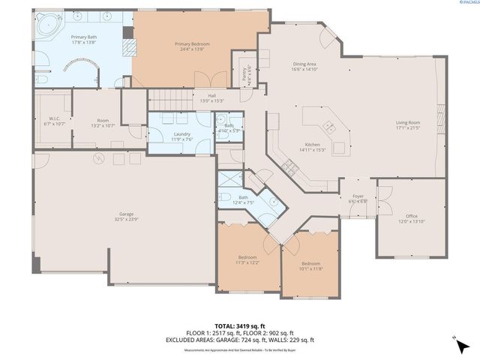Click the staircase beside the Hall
click(x=170, y=96)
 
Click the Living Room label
click(x=409, y=125)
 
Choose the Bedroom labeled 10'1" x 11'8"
click(x=311, y=266)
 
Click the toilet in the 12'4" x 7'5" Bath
click(x=225, y=199)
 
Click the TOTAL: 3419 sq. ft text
click(x=240, y=326)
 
